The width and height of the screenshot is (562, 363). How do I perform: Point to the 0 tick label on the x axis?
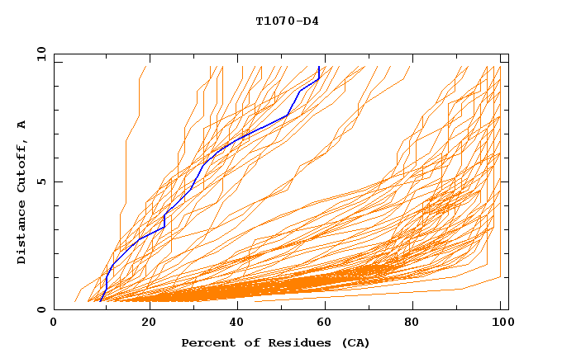coord(54,324)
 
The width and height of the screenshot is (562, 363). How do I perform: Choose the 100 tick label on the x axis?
coord(505,324)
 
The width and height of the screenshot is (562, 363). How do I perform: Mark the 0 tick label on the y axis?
coord(40,309)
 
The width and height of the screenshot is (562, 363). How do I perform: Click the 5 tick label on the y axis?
coord(40,181)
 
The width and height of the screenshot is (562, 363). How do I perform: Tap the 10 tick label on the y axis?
coord(38,54)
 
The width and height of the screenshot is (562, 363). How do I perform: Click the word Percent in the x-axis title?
coord(205,343)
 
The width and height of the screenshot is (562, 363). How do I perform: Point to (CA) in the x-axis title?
coord(355,343)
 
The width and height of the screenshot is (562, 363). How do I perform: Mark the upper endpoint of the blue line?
coord(319,66)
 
